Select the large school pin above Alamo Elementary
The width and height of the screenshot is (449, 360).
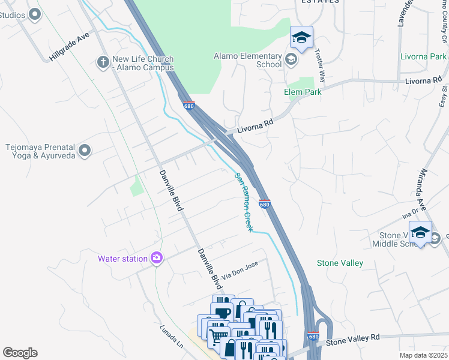(301, 38)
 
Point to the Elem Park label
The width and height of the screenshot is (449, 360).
(303, 92)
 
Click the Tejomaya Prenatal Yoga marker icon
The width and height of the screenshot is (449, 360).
(85, 150)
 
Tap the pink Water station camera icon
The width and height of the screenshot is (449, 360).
(156, 258)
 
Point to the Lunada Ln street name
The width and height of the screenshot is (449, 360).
(171, 338)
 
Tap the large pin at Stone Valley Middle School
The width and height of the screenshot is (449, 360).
(420, 233)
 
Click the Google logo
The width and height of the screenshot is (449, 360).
(20, 353)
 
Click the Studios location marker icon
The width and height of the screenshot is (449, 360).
(35, 14)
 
